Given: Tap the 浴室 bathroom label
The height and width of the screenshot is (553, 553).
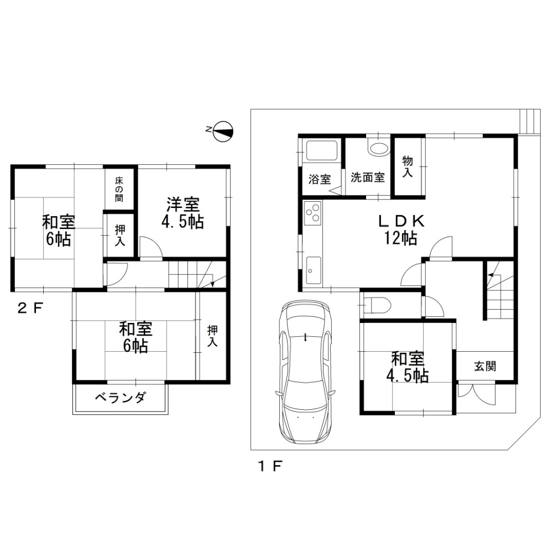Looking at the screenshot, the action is tap(320, 179).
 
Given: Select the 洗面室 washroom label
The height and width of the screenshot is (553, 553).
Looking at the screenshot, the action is tap(368, 177).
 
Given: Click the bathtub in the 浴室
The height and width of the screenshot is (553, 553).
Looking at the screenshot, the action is tap(322, 151).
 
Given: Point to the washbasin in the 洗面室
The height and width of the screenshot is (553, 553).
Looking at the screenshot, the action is tap(378, 148).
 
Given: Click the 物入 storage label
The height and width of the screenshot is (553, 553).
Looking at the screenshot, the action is tap(408, 167).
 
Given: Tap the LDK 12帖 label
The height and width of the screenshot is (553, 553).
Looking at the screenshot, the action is tap(400, 229).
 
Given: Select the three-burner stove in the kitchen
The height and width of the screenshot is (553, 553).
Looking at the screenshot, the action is tap(313, 213).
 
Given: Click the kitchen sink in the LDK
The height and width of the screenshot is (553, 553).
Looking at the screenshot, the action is tap(313, 270).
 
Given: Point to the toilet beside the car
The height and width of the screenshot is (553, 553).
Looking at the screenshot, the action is tap(376, 304).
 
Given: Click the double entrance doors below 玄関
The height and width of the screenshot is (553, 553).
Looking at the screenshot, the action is tap(477, 394).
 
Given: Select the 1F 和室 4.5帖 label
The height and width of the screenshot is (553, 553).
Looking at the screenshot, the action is tap(408, 367).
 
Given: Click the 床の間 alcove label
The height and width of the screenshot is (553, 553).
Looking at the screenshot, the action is tap(119, 189).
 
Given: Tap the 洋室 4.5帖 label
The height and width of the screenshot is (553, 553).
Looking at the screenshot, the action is tap(182, 213).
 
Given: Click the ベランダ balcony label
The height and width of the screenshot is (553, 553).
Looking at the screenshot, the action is tap(120, 398).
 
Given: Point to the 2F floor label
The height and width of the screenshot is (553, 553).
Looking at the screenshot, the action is tap(30, 309).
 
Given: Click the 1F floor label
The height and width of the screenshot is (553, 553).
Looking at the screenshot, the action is tap(270, 466).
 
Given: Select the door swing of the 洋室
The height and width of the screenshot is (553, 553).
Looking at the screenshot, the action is tap(152, 248).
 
